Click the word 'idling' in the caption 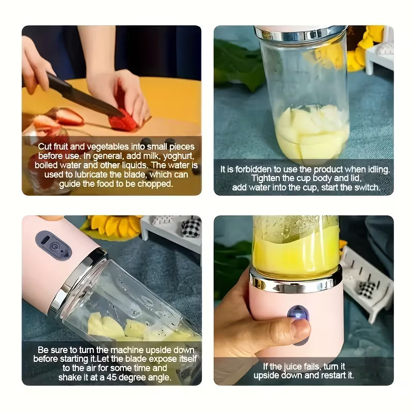click(377, 169)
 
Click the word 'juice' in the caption click(293, 367)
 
